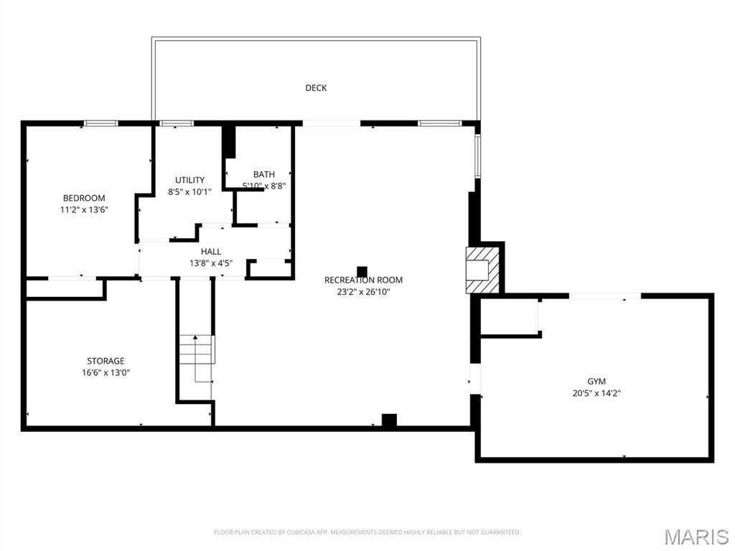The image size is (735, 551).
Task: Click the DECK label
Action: [x=316, y=88]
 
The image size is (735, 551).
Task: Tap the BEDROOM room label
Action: [x=84, y=198]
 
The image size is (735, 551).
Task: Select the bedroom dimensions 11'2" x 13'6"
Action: [x=84, y=210]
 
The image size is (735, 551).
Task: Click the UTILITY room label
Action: [x=190, y=180]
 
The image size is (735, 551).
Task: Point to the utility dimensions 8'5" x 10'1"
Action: [x=190, y=192]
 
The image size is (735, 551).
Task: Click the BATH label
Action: [x=263, y=174]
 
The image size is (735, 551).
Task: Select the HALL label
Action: [x=211, y=252]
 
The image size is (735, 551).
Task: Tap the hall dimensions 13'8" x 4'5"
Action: [x=211, y=263]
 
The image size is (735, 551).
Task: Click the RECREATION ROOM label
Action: [x=363, y=281]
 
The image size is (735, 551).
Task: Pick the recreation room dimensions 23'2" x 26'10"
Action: [x=363, y=292]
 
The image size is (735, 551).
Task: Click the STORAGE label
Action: [x=106, y=361]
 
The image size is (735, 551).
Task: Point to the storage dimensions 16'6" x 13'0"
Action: [x=106, y=372]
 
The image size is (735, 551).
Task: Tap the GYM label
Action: [x=596, y=382]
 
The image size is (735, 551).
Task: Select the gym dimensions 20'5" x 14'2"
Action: [x=596, y=393]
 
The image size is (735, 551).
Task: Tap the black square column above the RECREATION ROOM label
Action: [x=362, y=271]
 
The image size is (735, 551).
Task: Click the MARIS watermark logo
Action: [x=696, y=536]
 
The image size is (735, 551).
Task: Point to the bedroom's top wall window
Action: [x=100, y=123]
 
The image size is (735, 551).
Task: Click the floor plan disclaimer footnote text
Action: [x=367, y=532]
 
